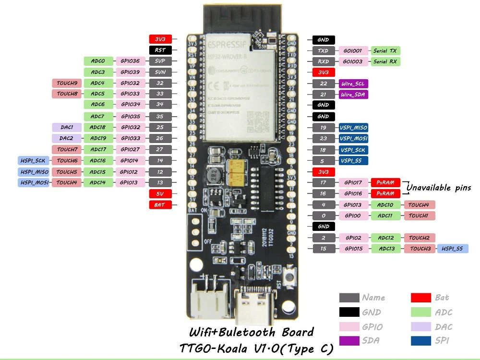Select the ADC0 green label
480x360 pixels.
(98, 61)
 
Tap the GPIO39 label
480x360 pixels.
(130, 72)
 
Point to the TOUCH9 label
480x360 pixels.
(67, 83)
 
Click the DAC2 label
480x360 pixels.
(66, 138)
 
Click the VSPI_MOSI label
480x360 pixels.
(354, 139)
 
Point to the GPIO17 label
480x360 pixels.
(353, 182)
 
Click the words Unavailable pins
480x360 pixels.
(439, 188)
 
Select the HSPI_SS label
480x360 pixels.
(452, 249)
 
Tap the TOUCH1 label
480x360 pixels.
(419, 216)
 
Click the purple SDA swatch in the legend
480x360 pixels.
(349, 341)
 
